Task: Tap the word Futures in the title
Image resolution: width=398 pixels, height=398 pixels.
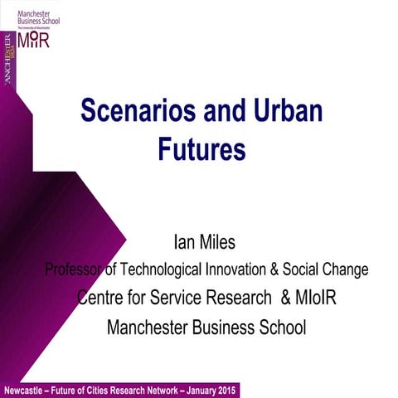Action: coord(202,150)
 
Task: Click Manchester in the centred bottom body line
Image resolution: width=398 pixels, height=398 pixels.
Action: coord(152,327)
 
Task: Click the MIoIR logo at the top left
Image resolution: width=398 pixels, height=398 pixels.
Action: coord(33,40)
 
